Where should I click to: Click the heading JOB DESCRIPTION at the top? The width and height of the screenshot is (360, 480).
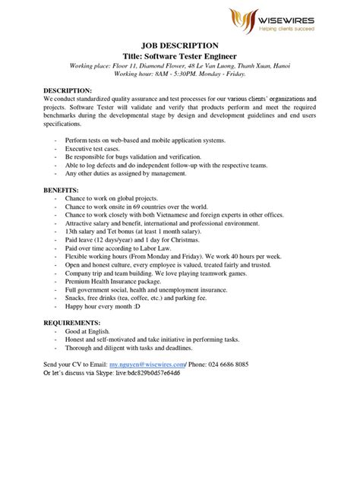click(180, 46)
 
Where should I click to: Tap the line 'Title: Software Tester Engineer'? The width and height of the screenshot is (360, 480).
click(180, 57)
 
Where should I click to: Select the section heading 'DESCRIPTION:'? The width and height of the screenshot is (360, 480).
click(68, 90)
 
